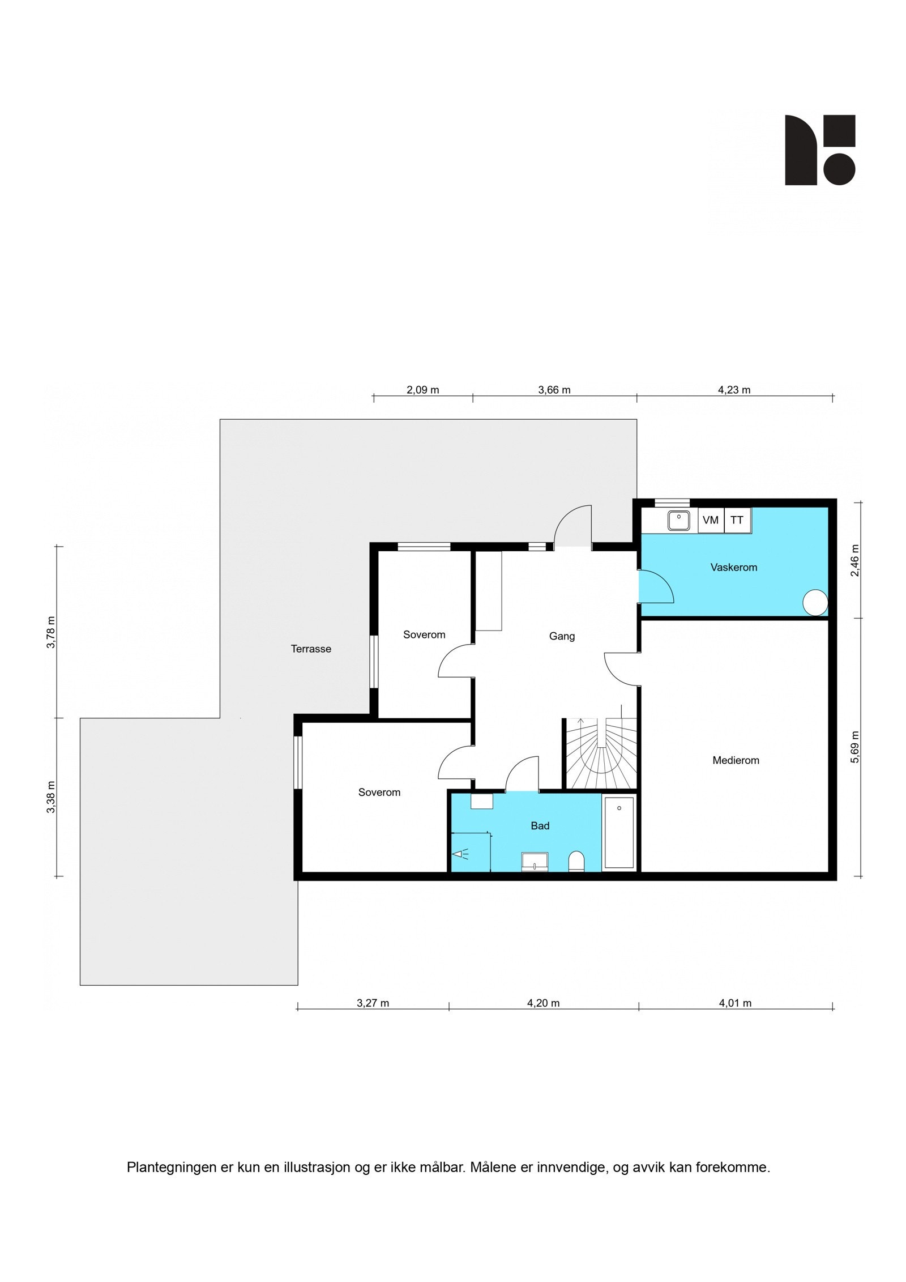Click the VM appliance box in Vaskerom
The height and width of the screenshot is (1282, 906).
pyautogui.click(x=710, y=520)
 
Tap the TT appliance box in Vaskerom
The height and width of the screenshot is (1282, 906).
pyautogui.click(x=737, y=520)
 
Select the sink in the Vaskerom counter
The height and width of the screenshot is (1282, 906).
pyautogui.click(x=678, y=520)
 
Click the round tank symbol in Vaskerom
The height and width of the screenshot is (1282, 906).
pyautogui.click(x=815, y=602)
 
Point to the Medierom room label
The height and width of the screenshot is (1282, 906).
pyautogui.click(x=736, y=760)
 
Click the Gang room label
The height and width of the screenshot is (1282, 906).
pyautogui.click(x=562, y=636)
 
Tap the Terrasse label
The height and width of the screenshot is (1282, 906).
pyautogui.click(x=311, y=649)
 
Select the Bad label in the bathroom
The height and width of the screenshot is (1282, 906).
pyautogui.click(x=540, y=826)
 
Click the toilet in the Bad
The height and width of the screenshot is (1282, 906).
pyautogui.click(x=576, y=862)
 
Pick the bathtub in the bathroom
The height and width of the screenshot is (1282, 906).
pyautogui.click(x=619, y=832)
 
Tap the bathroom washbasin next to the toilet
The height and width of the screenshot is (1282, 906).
pyautogui.click(x=535, y=861)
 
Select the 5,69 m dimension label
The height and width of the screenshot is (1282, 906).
pyautogui.click(x=855, y=747)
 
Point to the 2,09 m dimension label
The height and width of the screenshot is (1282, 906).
pyautogui.click(x=423, y=390)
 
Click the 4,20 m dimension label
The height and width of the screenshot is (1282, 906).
pyautogui.click(x=543, y=1003)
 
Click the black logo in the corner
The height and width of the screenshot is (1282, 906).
pyautogui.click(x=819, y=150)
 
